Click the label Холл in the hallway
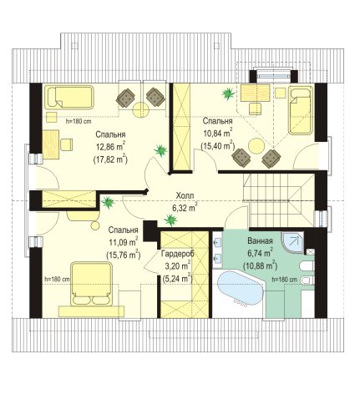(x=185, y=195)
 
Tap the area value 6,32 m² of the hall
(x=185, y=208)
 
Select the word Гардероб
(x=178, y=254)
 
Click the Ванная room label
(x=260, y=240)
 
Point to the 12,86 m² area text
(x=111, y=147)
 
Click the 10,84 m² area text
(x=218, y=133)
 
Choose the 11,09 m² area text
(x=124, y=242)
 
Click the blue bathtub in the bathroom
(x=240, y=289)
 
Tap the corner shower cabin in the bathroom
(x=292, y=242)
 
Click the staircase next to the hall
(x=278, y=200)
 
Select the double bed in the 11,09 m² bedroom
(x=92, y=283)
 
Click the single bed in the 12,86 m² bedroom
(x=69, y=97)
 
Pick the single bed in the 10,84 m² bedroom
(x=301, y=110)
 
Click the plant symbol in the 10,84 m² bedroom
(x=228, y=93)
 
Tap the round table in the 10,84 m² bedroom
(x=256, y=146)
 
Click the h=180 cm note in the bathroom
(x=284, y=280)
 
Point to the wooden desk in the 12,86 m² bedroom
(x=51, y=144)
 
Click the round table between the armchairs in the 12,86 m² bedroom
(x=141, y=110)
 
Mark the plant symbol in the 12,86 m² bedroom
(x=160, y=150)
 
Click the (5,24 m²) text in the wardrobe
(x=177, y=278)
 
